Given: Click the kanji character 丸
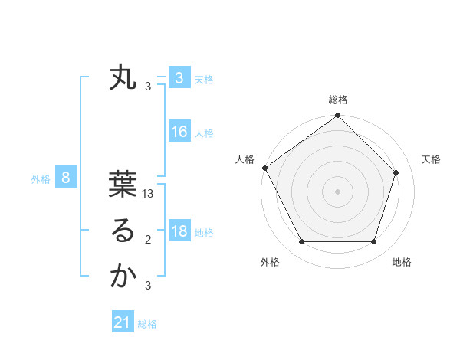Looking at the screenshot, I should (x=123, y=78).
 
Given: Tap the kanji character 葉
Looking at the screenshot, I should (x=123, y=185).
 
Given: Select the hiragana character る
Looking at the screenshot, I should (x=123, y=231).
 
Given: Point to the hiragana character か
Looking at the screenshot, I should (x=123, y=277).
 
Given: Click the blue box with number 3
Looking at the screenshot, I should (x=179, y=78).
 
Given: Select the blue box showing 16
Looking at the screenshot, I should (x=179, y=132).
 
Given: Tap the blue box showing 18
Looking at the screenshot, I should (x=179, y=231).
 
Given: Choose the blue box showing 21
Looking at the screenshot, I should (x=123, y=322).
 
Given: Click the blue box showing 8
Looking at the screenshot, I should (x=66, y=178).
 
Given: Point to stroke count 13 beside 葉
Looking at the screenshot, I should (x=149, y=195).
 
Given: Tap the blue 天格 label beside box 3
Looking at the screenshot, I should (x=204, y=80).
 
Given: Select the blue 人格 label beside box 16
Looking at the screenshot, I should (x=204, y=133).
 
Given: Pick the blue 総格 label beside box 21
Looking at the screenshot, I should (x=147, y=324).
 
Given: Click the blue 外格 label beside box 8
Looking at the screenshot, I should (x=41, y=179).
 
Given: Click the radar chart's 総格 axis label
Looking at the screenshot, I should (x=338, y=100).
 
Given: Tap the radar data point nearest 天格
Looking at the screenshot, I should (x=396, y=172).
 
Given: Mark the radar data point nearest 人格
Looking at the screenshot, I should (x=265, y=168).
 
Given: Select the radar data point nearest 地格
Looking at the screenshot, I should (x=374, y=242).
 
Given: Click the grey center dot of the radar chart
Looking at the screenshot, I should (x=338, y=191).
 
